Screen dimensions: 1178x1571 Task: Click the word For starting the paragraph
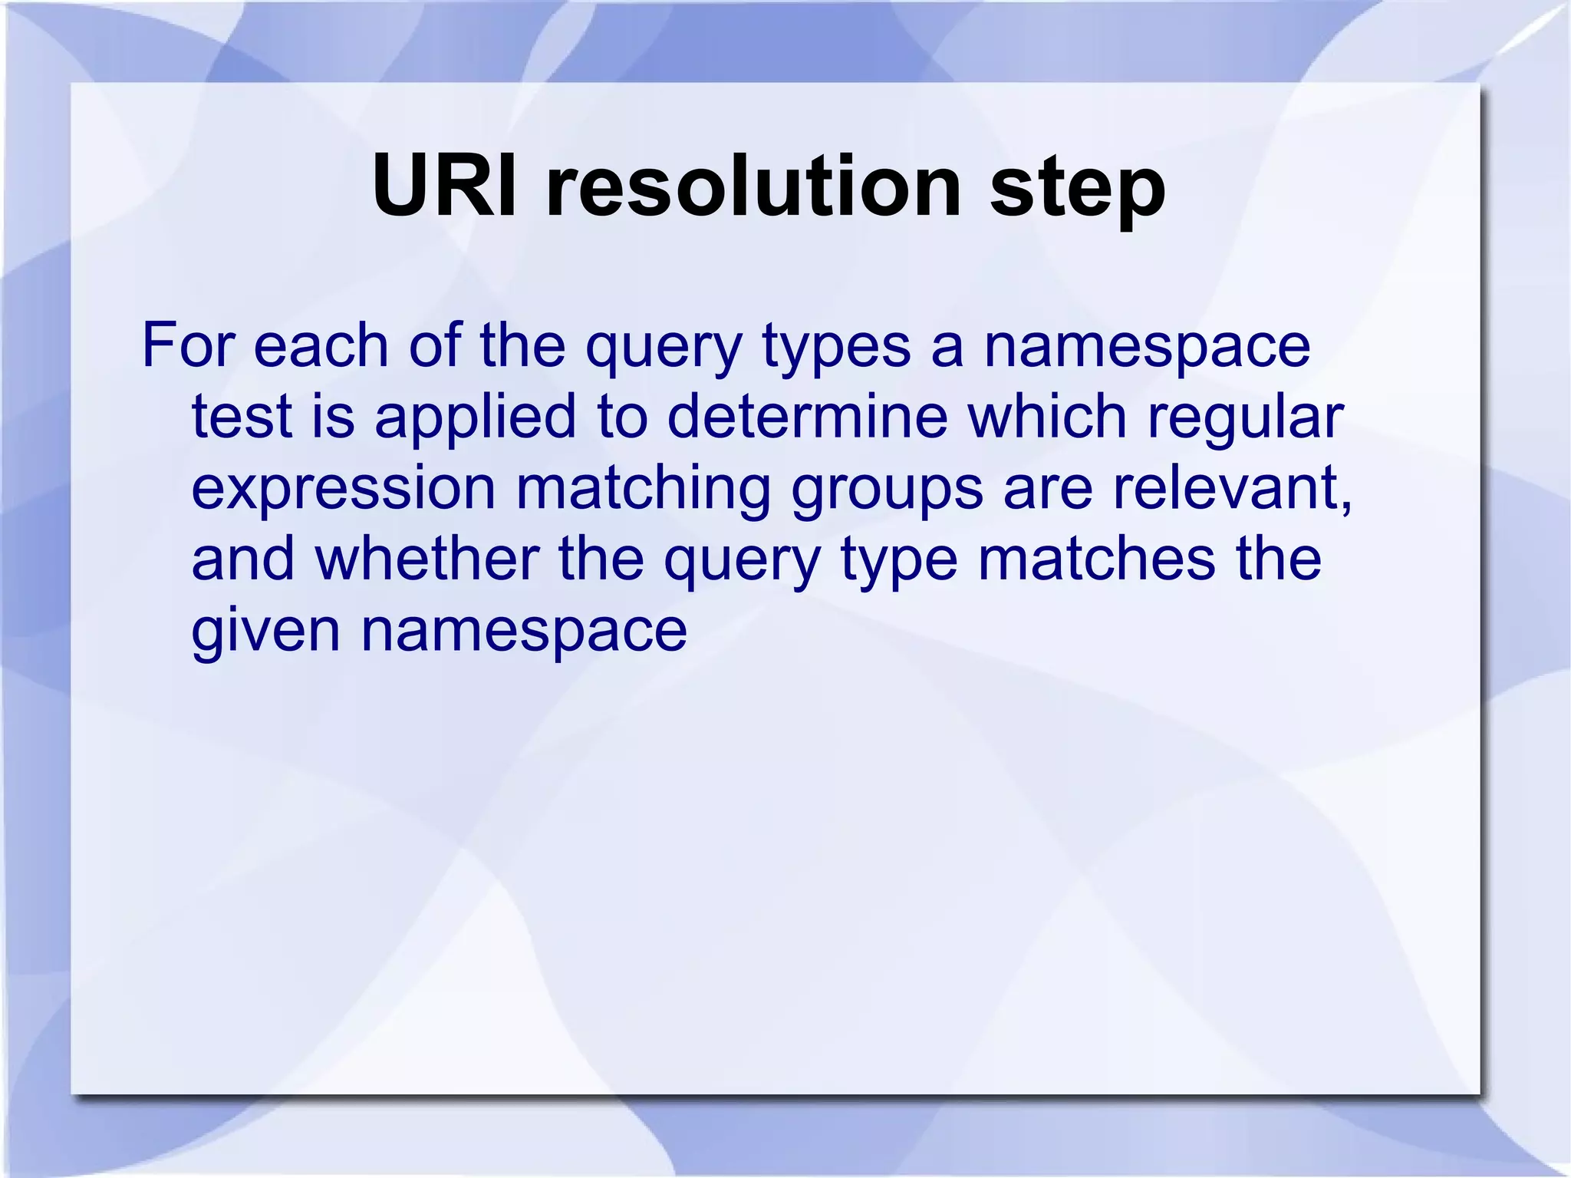[187, 346]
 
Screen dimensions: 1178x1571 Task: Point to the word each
[321, 346]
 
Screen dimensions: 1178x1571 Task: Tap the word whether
[427, 559]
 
